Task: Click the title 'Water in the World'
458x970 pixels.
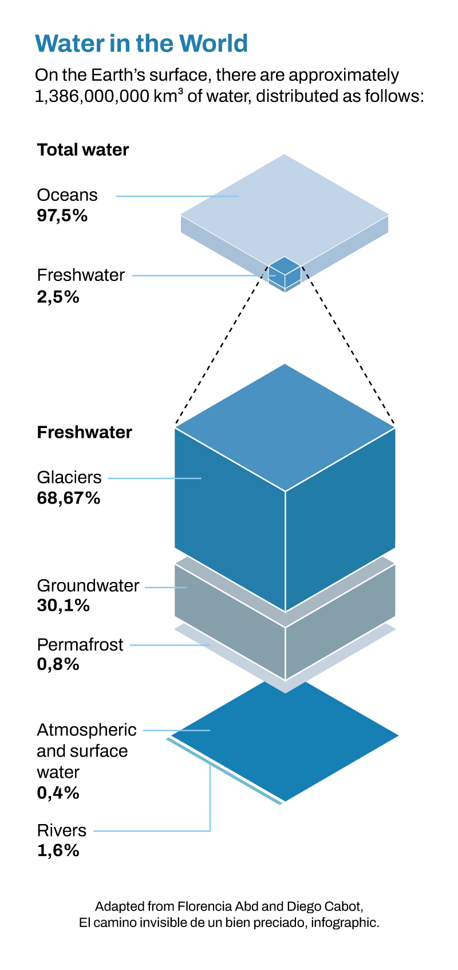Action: tap(141, 43)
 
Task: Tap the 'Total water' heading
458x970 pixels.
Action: tap(83, 150)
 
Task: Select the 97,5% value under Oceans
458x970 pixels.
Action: tap(62, 216)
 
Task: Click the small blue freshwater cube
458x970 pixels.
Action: tap(285, 274)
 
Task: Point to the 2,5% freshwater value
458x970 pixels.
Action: tap(58, 297)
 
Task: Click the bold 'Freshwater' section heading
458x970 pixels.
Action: tap(85, 432)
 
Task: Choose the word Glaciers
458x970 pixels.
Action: tap(69, 477)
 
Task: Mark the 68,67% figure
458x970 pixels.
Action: tap(69, 498)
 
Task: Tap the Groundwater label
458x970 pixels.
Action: tap(88, 585)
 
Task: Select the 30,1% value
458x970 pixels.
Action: tap(64, 605)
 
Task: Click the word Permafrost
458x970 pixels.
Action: tap(80, 645)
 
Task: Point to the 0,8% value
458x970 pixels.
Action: tap(58, 664)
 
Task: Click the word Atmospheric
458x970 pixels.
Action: tap(86, 730)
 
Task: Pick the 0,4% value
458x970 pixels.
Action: tap(58, 793)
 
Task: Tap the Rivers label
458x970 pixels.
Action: tap(61, 830)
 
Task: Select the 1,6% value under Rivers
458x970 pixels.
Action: tap(58, 850)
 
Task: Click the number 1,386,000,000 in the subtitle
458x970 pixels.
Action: tap(92, 96)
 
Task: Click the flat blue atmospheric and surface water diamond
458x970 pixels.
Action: tap(285, 741)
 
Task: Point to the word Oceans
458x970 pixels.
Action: tap(67, 195)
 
